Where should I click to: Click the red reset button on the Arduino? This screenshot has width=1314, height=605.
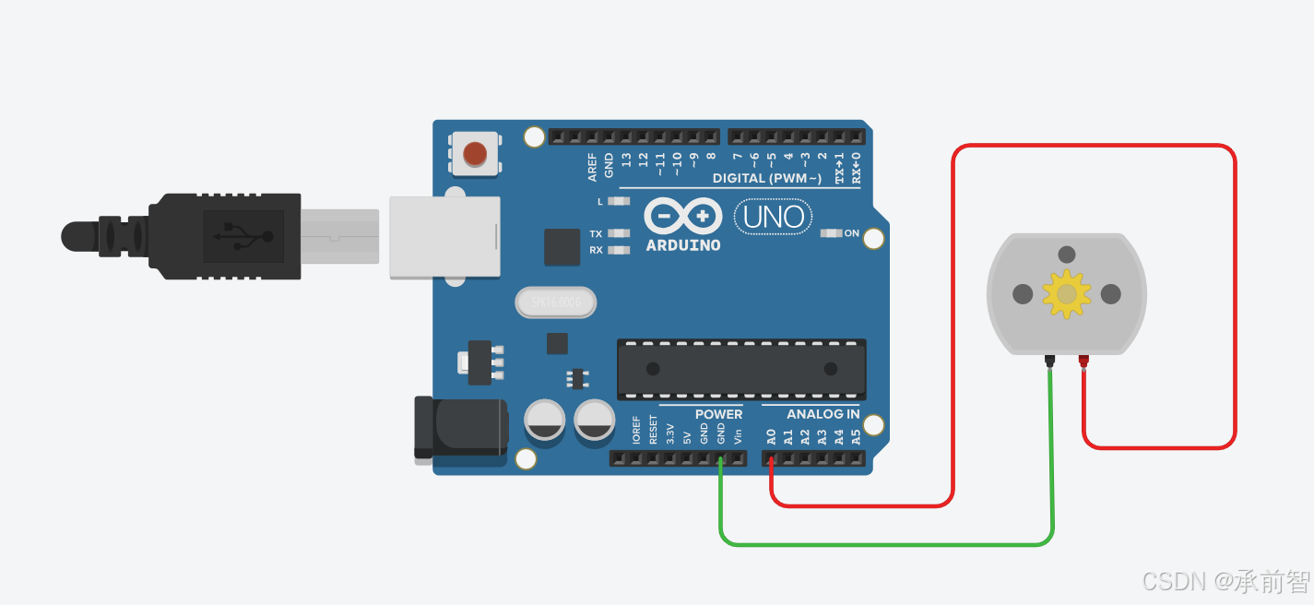(x=474, y=153)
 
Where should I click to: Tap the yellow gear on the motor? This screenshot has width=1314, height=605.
(x=1067, y=294)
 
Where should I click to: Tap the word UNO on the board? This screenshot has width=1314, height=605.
(x=775, y=219)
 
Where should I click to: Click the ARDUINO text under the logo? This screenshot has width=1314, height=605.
(x=683, y=245)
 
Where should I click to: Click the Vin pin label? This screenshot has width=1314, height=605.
(x=738, y=434)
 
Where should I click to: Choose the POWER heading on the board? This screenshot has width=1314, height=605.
(x=718, y=414)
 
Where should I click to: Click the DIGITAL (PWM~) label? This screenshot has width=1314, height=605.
(x=766, y=178)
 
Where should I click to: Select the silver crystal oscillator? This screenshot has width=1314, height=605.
(x=555, y=302)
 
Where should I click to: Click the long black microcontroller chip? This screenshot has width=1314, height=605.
(x=741, y=369)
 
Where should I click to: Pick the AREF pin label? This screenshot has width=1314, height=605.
(x=592, y=166)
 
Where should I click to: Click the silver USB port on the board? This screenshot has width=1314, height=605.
(x=444, y=237)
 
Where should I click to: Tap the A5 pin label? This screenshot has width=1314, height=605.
(x=856, y=436)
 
